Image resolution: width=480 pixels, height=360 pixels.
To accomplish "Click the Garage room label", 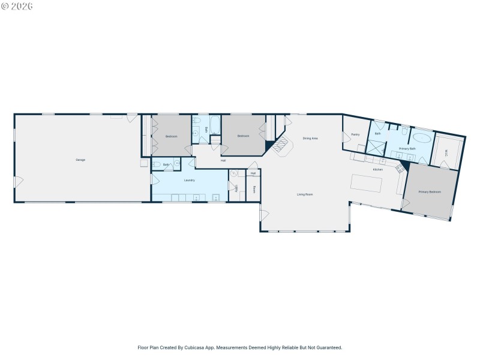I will [80, 160].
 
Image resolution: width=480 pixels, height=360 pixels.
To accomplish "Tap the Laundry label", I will [189, 180].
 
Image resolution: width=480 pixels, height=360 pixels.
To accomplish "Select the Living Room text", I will [305, 194].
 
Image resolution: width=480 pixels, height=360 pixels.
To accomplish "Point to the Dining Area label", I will [310, 139].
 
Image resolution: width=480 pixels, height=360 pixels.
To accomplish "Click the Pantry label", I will [355, 134].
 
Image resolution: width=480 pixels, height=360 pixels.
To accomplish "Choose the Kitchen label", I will [377, 170].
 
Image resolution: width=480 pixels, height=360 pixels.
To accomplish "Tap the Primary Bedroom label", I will [430, 192].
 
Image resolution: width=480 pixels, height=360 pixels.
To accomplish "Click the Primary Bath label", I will [407, 148].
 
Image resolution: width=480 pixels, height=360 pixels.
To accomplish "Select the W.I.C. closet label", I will [446, 152].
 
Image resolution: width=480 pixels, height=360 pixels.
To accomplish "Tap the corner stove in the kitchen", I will [399, 168].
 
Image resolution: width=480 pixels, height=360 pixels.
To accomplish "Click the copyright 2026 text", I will [17, 6].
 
